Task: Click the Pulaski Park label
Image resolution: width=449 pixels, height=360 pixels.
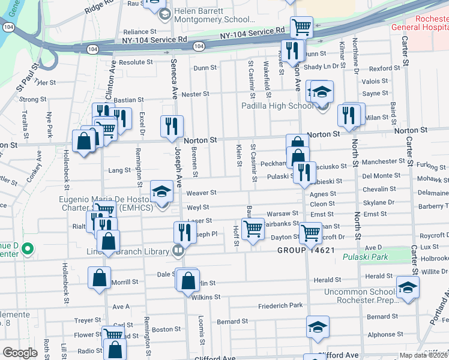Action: click(x=365, y=257)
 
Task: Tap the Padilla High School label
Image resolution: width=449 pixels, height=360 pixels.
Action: click(x=277, y=106)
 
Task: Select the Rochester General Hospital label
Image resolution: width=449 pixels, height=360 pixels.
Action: click(x=420, y=22)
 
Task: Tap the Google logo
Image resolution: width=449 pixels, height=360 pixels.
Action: click(x=20, y=353)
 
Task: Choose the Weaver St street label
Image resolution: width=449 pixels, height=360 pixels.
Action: click(x=201, y=193)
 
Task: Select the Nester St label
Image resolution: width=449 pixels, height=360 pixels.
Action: click(x=195, y=94)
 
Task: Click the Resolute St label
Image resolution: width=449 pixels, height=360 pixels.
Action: click(x=132, y=62)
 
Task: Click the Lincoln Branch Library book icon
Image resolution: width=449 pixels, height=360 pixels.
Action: click(x=178, y=251)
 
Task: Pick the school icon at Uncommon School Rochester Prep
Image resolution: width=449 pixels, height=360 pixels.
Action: click(x=408, y=287)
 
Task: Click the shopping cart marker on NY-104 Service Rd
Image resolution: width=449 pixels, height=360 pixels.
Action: click(x=301, y=26)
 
